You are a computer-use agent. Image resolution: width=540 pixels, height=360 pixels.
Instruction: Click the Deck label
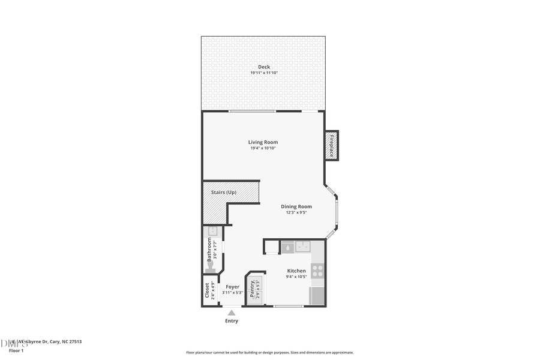(x=264, y=67)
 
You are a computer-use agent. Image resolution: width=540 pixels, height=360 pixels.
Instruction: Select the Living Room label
(x=263, y=142)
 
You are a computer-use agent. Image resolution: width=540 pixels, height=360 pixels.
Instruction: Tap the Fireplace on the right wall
(x=331, y=146)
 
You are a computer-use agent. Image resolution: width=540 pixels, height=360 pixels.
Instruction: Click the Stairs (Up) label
(x=224, y=192)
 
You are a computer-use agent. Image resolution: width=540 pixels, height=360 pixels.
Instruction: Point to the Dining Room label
(x=296, y=206)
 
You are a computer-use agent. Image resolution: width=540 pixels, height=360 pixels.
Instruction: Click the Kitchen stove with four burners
(x=317, y=271)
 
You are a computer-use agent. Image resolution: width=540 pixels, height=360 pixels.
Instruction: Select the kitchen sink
(x=303, y=247)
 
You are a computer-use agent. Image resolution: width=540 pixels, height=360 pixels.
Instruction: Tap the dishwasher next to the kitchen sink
(x=287, y=247)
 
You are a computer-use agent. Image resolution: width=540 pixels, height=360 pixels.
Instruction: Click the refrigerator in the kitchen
(x=317, y=296)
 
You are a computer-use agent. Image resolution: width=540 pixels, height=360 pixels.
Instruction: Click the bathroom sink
(x=212, y=231)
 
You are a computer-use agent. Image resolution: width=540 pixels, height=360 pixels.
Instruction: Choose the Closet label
(x=208, y=290)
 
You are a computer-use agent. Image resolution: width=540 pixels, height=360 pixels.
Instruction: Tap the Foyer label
(x=232, y=287)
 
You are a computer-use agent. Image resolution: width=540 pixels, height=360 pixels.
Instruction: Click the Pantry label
(x=253, y=289)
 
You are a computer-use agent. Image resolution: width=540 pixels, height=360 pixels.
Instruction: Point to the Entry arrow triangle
(x=232, y=313)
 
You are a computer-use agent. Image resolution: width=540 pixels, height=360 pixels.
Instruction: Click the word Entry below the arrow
(x=232, y=321)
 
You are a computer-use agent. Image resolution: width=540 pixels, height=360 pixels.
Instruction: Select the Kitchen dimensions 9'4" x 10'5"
(x=296, y=277)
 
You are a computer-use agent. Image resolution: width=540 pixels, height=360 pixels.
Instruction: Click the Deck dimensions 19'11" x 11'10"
(x=264, y=73)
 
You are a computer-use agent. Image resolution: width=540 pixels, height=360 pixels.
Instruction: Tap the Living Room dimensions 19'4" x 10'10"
(x=263, y=148)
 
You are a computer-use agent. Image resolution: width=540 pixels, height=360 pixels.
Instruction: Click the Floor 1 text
(x=16, y=350)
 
